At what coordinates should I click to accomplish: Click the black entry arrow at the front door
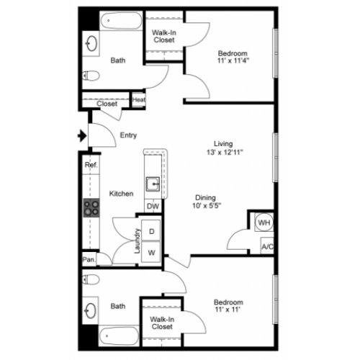(x=82, y=136)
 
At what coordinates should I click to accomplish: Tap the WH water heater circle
(x=264, y=222)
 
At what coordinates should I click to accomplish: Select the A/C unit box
(x=267, y=246)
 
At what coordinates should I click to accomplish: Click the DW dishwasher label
(x=153, y=206)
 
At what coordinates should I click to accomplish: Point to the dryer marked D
(x=151, y=230)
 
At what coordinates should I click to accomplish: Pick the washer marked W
(x=151, y=252)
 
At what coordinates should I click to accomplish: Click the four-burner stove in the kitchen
(x=91, y=208)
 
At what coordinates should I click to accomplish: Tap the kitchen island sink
(x=153, y=184)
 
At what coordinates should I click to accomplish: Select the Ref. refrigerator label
(x=91, y=165)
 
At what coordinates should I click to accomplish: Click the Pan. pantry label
(x=89, y=259)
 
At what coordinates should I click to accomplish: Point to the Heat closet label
(x=139, y=99)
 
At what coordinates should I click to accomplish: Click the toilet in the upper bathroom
(x=91, y=76)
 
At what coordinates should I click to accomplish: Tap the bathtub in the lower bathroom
(x=119, y=336)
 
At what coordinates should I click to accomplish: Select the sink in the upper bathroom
(x=91, y=43)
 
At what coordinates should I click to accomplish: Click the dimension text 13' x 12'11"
(x=225, y=152)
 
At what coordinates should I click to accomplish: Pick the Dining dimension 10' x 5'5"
(x=207, y=206)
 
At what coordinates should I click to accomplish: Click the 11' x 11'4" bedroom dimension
(x=233, y=60)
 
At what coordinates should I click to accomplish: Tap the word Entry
(x=128, y=135)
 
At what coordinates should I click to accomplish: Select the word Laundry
(x=137, y=240)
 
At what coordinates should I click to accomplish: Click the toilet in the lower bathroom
(x=91, y=279)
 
